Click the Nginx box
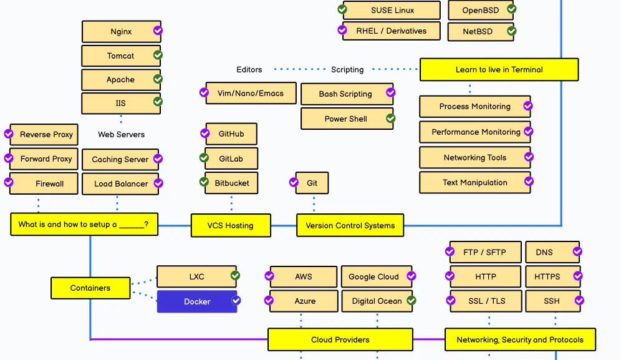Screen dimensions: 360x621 coord(121,31)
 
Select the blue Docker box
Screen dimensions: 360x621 coord(196,301)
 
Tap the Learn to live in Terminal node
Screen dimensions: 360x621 coord(499,70)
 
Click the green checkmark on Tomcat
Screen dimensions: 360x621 coord(158,55)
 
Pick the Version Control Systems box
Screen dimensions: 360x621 coord(350,225)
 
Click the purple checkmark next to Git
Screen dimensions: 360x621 coord(294,183)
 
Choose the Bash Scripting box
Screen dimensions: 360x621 coord(346,94)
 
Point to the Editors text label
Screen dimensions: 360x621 coord(249,70)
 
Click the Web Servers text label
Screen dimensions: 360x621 coord(121,134)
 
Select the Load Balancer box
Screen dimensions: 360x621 coord(121,184)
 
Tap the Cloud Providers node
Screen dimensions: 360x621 coord(340,340)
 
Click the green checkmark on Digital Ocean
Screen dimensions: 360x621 coord(412,301)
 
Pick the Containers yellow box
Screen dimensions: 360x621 coord(90,288)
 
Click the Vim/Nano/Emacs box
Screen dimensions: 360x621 coord(250,94)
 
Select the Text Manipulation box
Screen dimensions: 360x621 coord(474,183)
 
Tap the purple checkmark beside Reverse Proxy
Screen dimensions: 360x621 coord(9,134)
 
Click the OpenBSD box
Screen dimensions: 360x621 coord(480,11)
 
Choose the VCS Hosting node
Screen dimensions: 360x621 coord(231,225)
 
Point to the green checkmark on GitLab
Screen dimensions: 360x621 coord(204,158)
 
